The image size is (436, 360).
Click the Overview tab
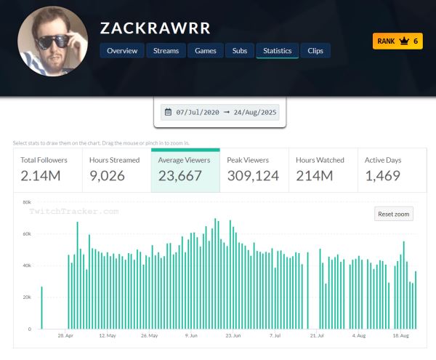point(121,51)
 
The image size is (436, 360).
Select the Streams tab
point(166,51)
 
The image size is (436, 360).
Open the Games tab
point(206,51)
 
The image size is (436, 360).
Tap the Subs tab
point(240,51)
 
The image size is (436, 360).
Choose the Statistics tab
point(277,51)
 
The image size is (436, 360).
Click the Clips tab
point(315,51)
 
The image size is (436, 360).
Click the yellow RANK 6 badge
point(397,41)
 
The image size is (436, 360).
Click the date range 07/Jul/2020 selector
point(219,113)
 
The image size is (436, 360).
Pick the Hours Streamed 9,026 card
point(116,169)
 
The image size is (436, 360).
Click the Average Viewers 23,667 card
point(185,169)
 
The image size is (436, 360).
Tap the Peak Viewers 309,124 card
point(254,169)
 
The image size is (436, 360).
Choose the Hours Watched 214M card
point(322,169)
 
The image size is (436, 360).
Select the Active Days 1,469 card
point(390,169)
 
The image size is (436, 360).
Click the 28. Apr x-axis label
point(65,336)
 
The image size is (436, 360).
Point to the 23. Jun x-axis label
point(233,336)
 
